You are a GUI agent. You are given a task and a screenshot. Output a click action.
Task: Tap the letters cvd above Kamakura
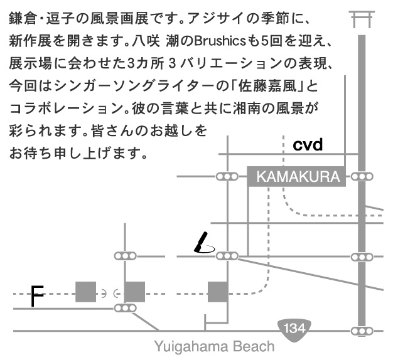point(308,146)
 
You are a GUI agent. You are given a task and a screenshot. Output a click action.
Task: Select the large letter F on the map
point(38,297)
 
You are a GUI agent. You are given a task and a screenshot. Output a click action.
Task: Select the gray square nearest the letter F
point(85,292)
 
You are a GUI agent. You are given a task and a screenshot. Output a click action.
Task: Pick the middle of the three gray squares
point(134,292)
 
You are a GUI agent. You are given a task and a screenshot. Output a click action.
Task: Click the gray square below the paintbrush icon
point(217,292)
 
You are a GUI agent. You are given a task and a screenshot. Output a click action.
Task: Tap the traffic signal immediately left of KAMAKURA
point(227,176)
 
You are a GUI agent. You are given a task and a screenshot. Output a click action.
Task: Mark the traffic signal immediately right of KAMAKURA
point(362,176)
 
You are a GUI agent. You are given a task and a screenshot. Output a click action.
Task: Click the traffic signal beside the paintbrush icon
point(227,256)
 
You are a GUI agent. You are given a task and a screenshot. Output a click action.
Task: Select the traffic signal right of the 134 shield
point(362,331)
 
